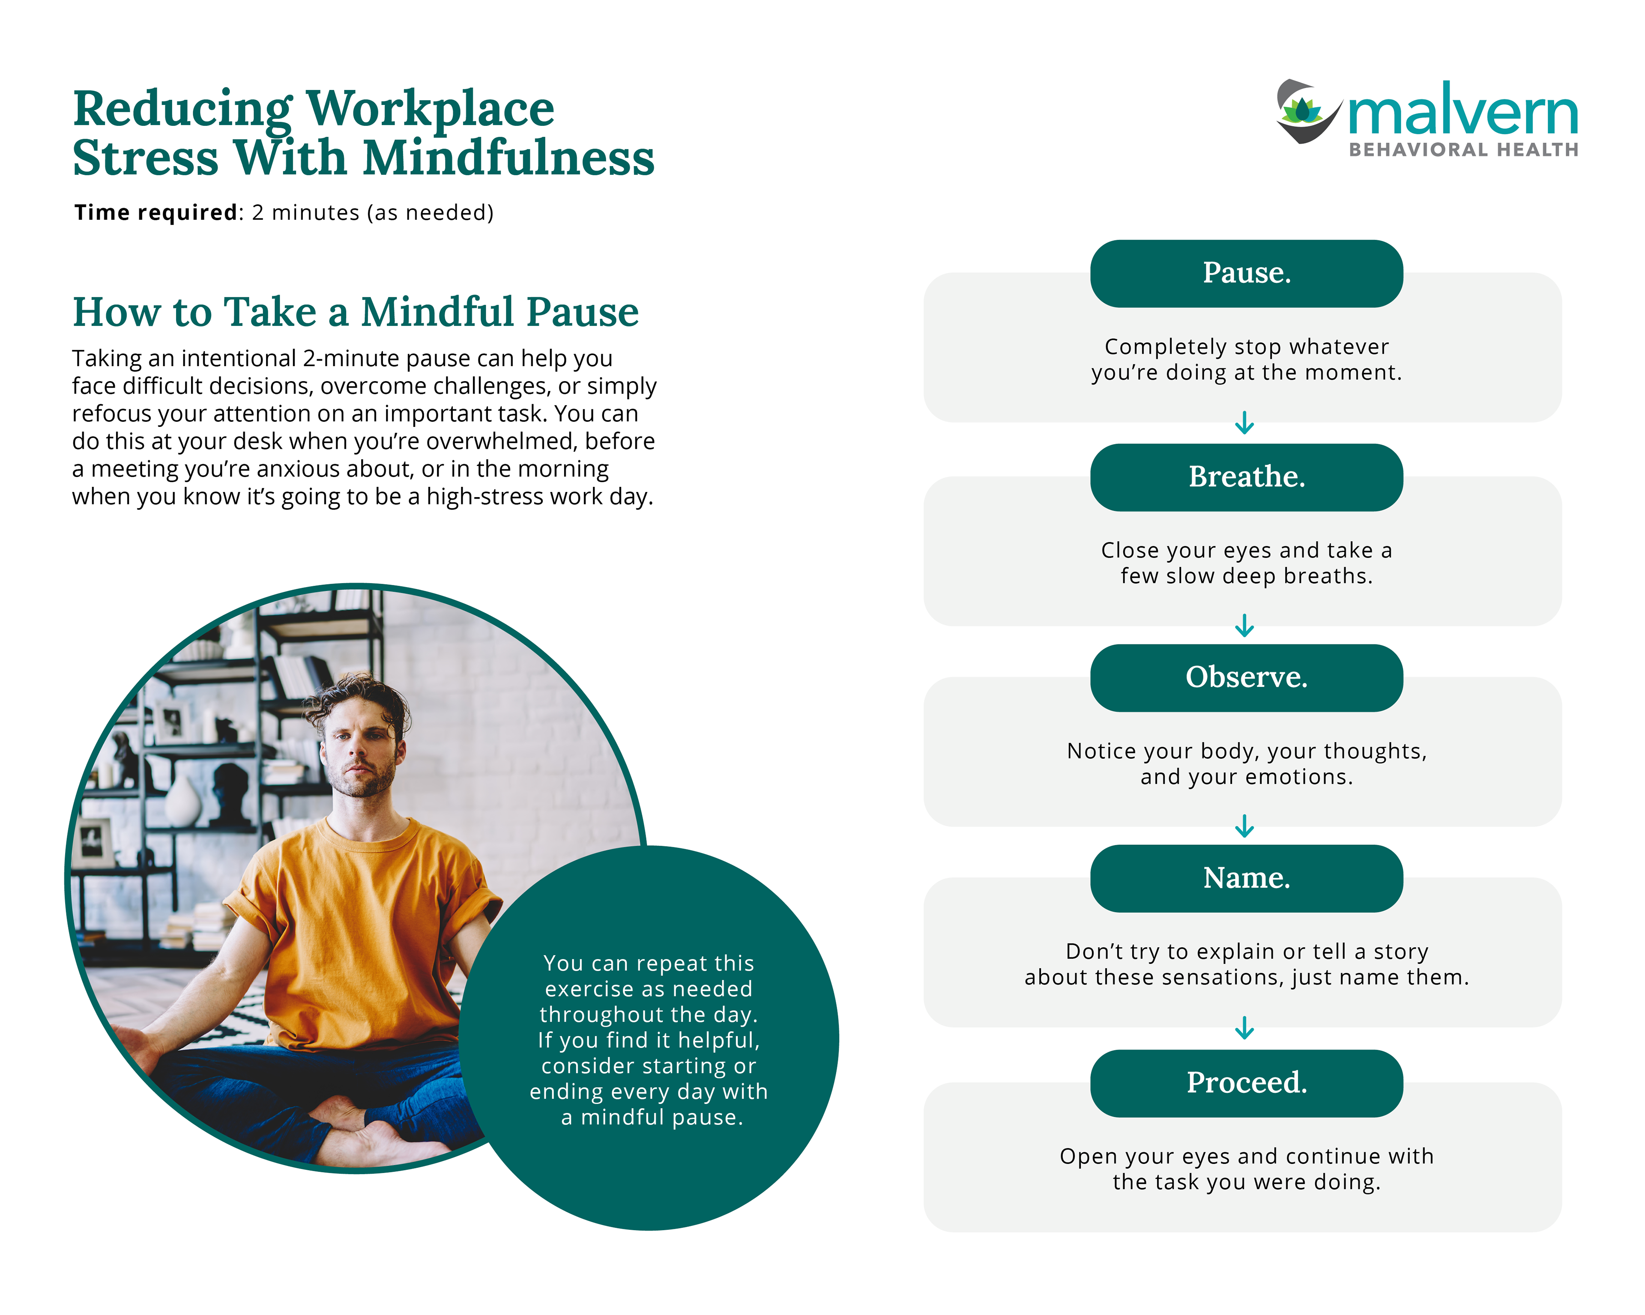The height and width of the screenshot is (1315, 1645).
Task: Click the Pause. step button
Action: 1246,273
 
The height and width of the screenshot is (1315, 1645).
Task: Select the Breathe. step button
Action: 1246,477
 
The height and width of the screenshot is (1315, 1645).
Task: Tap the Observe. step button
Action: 1246,677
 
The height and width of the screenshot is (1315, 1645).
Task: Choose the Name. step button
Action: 1246,878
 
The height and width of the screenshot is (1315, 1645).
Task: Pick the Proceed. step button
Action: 1246,1082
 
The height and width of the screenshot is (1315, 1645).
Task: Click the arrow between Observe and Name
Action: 1244,826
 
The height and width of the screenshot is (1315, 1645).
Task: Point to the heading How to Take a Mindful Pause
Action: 356,312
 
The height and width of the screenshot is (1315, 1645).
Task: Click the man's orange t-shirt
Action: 359,915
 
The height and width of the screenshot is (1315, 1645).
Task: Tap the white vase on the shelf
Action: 182,801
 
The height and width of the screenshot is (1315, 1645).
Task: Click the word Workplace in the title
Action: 431,109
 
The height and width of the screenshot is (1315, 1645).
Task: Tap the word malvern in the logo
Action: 1463,113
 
